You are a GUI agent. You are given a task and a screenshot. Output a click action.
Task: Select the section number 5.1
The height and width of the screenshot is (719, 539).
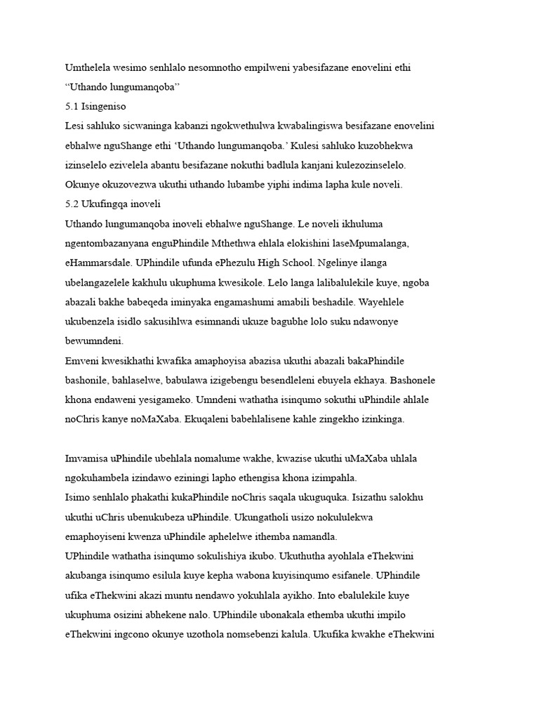pos(72,107)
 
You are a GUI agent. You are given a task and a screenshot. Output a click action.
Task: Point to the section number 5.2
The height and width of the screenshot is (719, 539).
pos(72,204)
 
